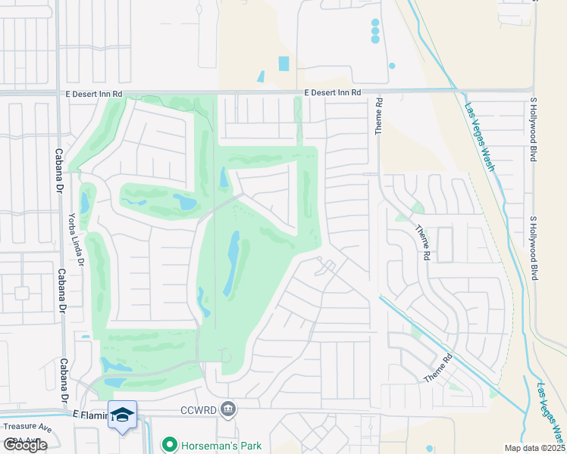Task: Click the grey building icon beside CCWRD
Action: pos(228,410)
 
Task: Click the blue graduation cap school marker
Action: pos(123,415)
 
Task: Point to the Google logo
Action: pos(25,445)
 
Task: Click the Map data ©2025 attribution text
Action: pos(534,448)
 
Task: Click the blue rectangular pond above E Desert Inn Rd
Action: pos(283,64)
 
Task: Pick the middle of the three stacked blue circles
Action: pos(375,31)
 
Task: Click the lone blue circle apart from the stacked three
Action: pos(392,66)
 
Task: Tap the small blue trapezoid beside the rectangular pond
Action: pos(261,76)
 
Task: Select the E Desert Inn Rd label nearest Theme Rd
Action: pos(333,92)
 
